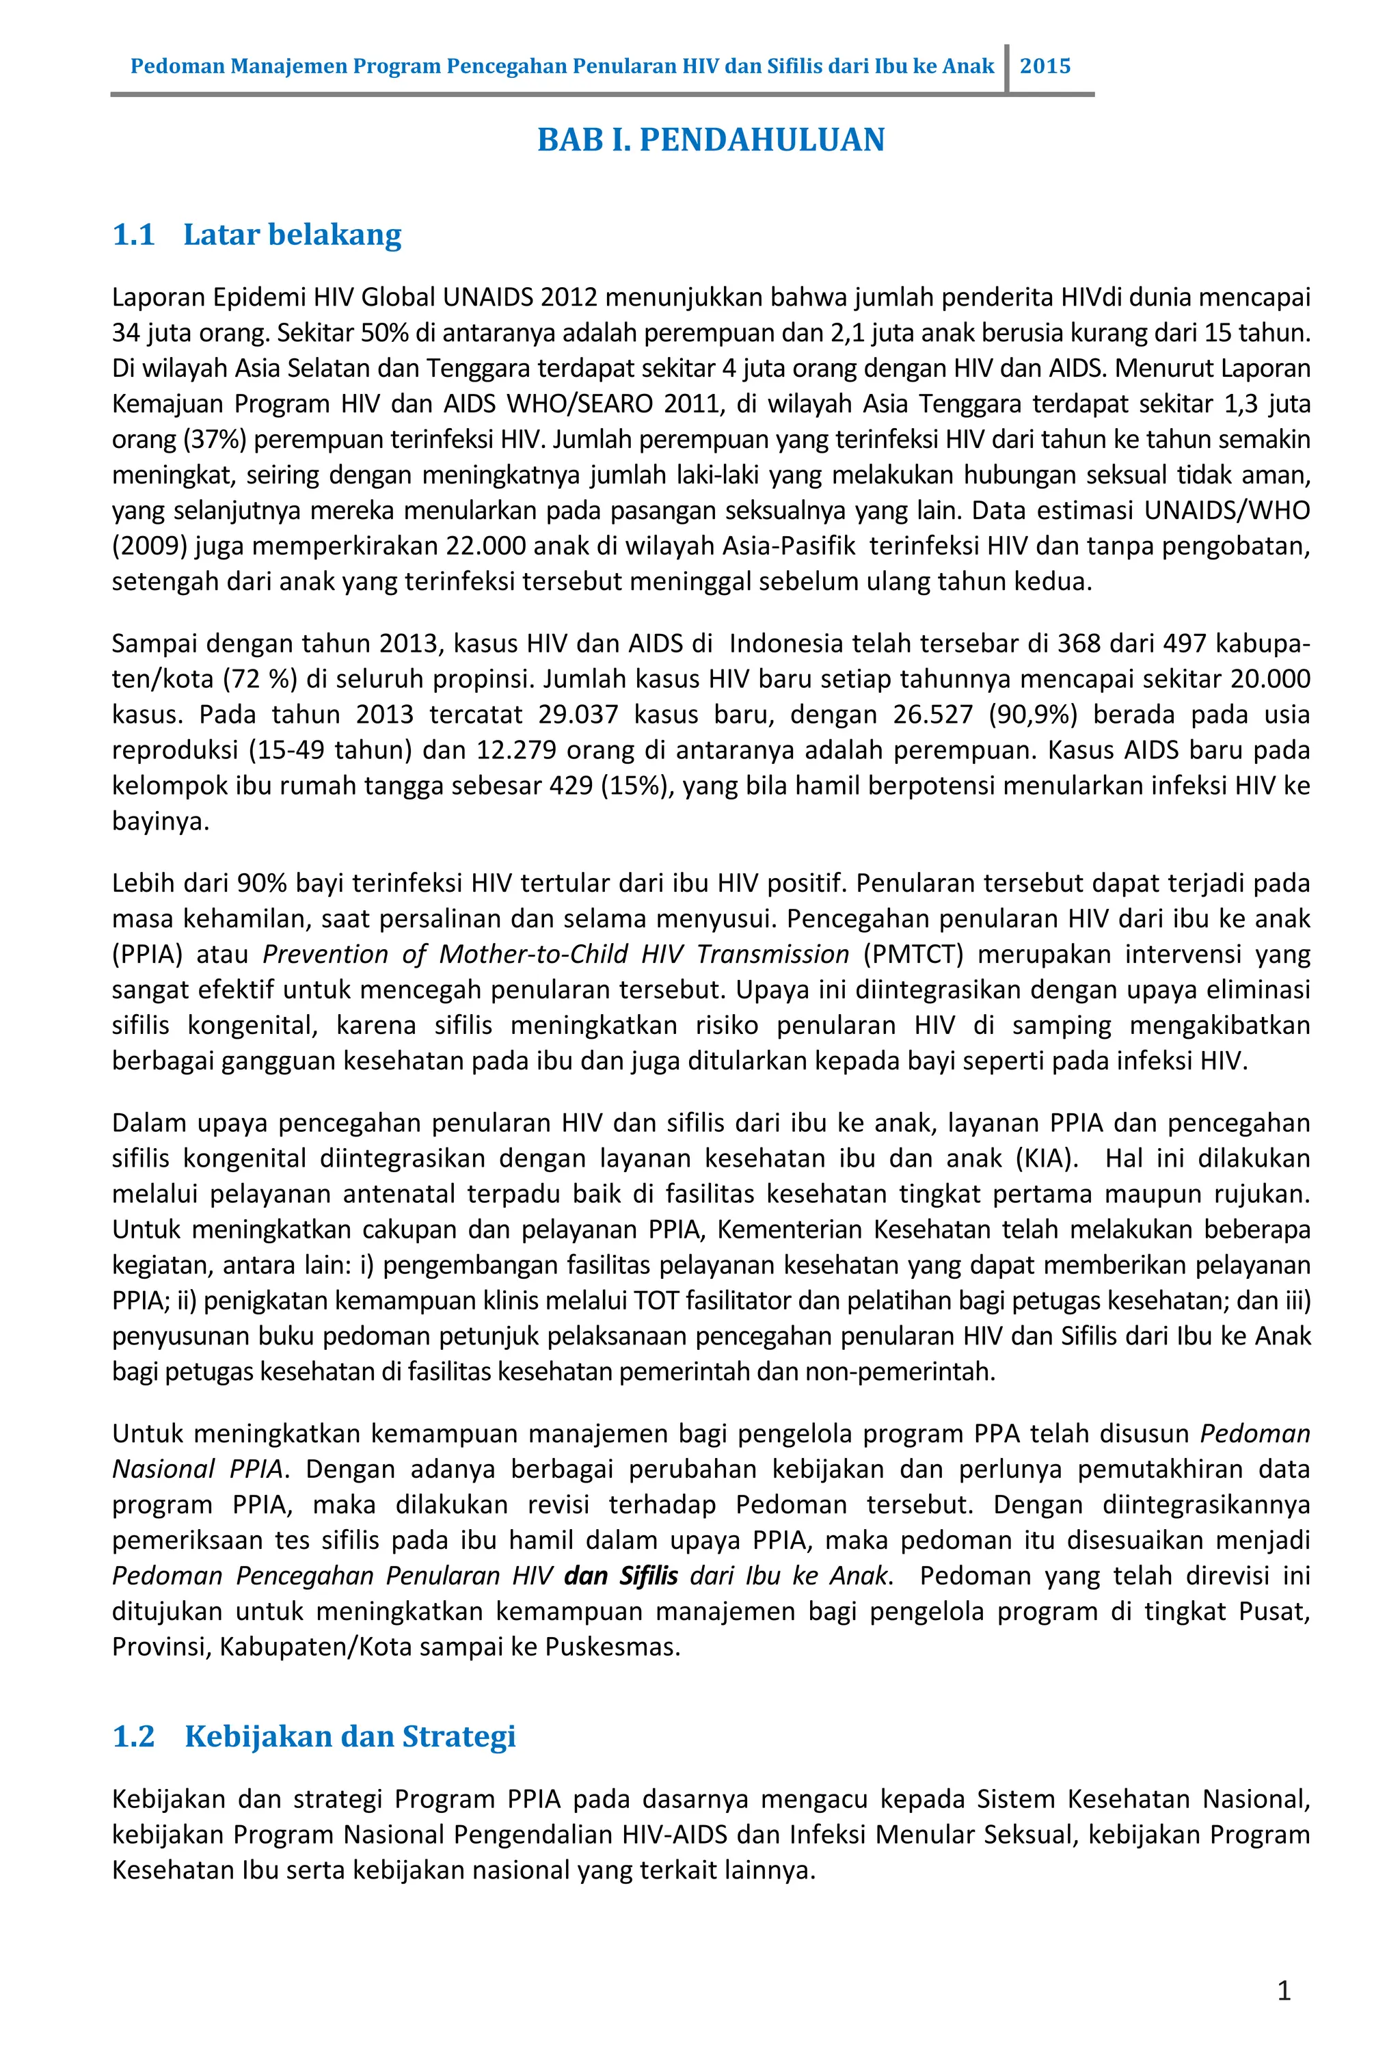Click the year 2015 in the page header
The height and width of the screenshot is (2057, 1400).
pos(1045,66)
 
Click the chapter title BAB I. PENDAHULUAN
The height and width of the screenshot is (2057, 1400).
pos(711,140)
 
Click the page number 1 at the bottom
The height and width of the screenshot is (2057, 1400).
pos(1284,1991)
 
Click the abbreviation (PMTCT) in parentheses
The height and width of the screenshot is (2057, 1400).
pos(913,954)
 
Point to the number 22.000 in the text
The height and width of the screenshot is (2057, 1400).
pos(485,546)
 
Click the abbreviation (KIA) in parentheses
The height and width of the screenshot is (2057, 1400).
pos(1046,1158)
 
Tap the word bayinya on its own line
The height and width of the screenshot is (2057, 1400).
pos(160,821)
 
